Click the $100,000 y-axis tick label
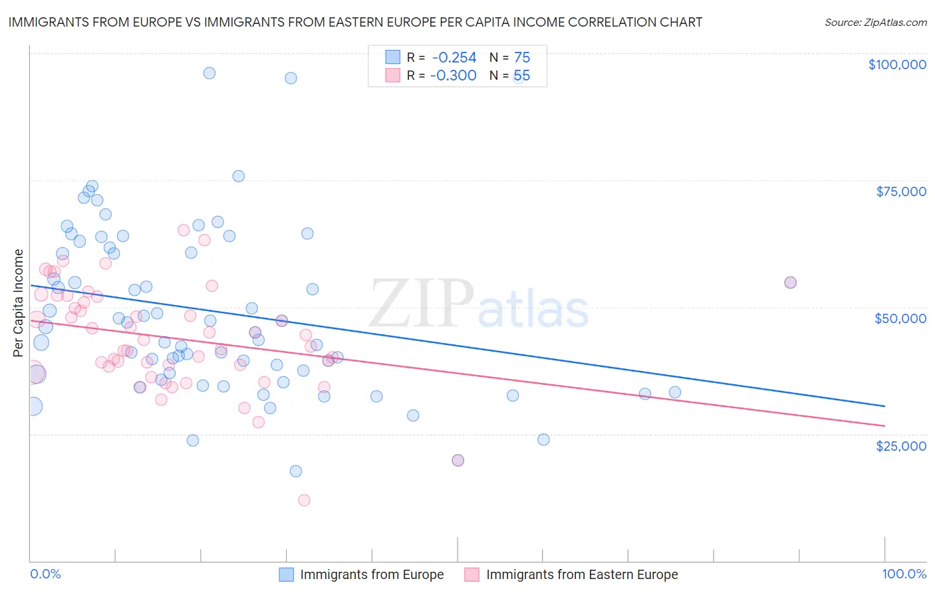897,64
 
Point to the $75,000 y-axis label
900,191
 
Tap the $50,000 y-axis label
900,318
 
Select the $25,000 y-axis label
900,445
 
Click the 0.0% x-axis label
45,574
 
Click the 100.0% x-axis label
904,574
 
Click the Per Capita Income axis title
19,302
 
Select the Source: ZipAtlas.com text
875,23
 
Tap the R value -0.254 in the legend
454,58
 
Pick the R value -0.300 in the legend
454,76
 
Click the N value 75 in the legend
522,58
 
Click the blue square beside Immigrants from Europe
286,574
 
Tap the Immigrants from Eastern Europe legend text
582,574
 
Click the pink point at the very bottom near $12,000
304,500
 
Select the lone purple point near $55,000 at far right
790,283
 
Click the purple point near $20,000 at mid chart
458,460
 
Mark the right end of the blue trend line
884,406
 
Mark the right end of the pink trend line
884,425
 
